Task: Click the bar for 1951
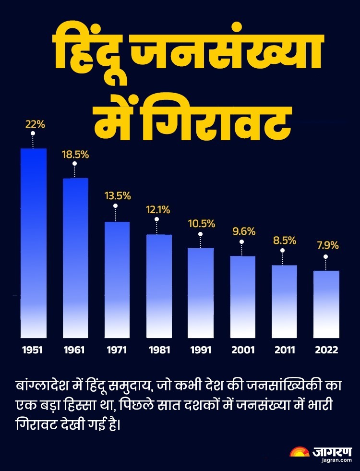pyautogui.click(x=33, y=242)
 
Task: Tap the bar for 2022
pyautogui.click(x=326, y=304)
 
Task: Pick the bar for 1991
pyautogui.click(x=200, y=292)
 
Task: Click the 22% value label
pyautogui.click(x=35, y=124)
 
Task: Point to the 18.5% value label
pyautogui.click(x=75, y=155)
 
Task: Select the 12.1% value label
pyautogui.click(x=158, y=210)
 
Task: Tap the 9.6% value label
pyautogui.click(x=241, y=231)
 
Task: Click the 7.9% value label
pyautogui.click(x=327, y=245)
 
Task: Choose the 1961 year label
pyautogui.click(x=74, y=350)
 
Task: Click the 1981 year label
pyautogui.click(x=158, y=350)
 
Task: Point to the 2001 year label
pyautogui.click(x=242, y=350)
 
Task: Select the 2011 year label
pyautogui.click(x=285, y=350)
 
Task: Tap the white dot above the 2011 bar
pyautogui.click(x=282, y=250)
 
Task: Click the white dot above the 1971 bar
pyautogui.click(x=116, y=206)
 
